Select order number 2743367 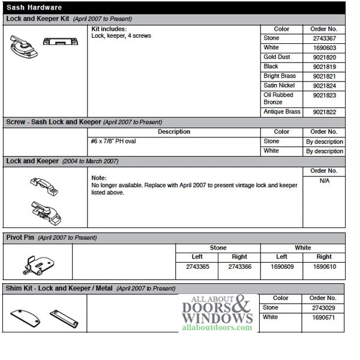pos(324,38)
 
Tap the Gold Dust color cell pos(275,57)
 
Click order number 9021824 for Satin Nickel pos(324,86)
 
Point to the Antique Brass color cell pos(281,112)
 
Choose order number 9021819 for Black pos(324,67)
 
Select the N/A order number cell pos(324,181)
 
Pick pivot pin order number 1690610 pos(324,266)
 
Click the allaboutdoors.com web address pos(215,328)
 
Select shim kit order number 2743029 pos(324,308)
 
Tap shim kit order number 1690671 pos(324,317)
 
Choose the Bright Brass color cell pos(279,76)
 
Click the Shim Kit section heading pos(60,289)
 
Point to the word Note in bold pos(98,178)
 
